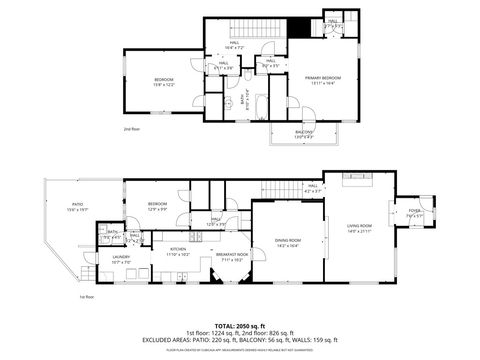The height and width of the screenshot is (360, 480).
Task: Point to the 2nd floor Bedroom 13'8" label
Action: (163, 81)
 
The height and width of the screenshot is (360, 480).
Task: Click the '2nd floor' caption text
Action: (131, 129)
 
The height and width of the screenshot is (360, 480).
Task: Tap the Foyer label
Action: (415, 213)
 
